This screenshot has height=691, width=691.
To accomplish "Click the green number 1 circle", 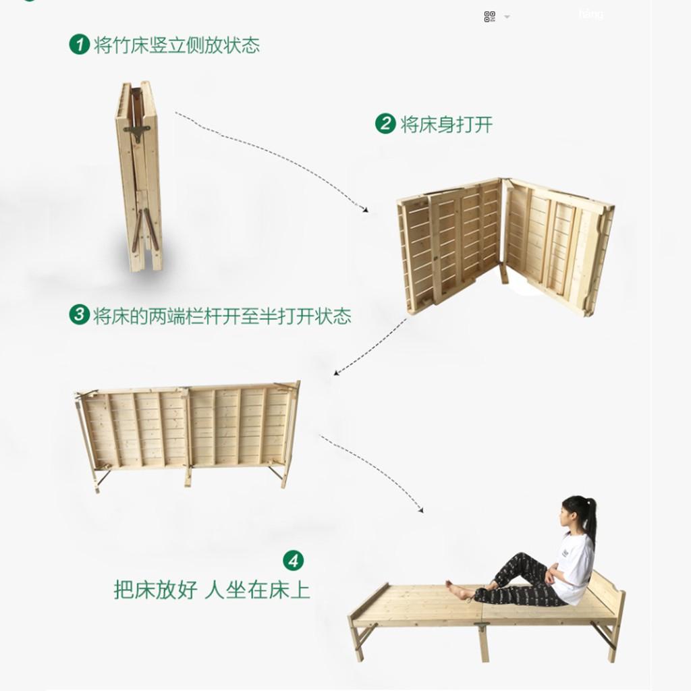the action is pos(80,45).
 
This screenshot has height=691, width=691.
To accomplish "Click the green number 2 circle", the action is pos(385,123).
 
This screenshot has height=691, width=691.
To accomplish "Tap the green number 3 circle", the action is pos(80,314).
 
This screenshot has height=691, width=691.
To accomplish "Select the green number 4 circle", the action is pos(294,561).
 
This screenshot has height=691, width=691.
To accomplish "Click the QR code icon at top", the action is pos(490,17).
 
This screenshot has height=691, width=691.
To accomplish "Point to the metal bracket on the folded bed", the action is pos(137,132).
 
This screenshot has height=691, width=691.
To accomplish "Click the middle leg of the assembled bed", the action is pos(483,642).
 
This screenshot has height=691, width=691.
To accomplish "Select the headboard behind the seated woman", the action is pos(607,590).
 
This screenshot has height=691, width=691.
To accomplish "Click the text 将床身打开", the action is pos(447,124).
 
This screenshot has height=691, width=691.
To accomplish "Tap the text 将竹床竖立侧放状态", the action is pos(177,45).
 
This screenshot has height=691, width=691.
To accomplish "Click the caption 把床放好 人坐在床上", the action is pos(212,590).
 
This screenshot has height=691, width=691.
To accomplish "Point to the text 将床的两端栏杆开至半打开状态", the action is pos(222,316).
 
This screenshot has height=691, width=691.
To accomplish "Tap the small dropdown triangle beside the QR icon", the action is pos(507,17).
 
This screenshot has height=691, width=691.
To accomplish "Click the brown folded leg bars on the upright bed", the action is pos(145,229).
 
